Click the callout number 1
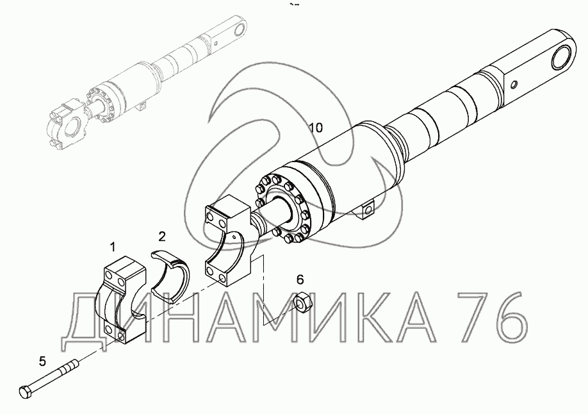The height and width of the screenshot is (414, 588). click(113, 247)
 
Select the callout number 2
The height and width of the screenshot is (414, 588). click(161, 236)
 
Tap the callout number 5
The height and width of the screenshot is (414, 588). click(42, 361)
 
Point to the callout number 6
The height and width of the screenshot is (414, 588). click(300, 279)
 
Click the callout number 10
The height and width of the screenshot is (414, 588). click(316, 128)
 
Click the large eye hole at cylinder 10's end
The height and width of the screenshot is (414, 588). click(563, 60)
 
